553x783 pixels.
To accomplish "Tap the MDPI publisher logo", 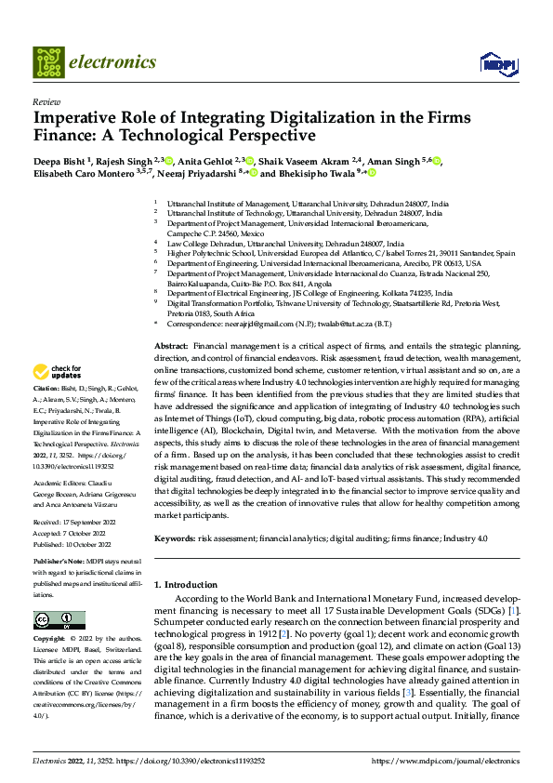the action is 495,63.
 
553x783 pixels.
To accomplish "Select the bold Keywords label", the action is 174,538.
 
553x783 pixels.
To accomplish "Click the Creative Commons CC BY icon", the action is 59,620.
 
